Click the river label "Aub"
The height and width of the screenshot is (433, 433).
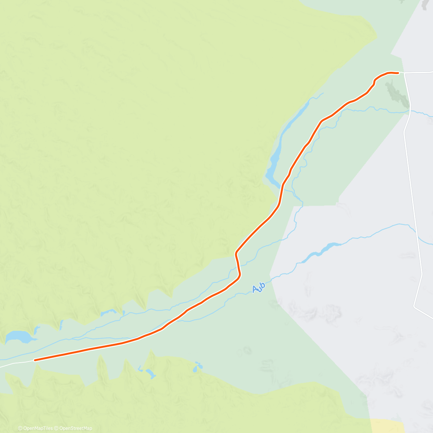[x=259, y=288]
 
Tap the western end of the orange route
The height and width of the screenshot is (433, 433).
[x=35, y=360]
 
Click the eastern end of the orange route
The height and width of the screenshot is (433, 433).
[x=398, y=73]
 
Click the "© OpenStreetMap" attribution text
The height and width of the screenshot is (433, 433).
[x=75, y=428]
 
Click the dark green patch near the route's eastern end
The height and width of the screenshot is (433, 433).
[x=397, y=94]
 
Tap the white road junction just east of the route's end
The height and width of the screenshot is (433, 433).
[x=404, y=73]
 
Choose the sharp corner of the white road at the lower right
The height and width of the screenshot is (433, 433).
[x=415, y=307]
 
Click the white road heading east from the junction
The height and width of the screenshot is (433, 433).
[x=420, y=72]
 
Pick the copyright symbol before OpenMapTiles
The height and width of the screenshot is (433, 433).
[x=20, y=428]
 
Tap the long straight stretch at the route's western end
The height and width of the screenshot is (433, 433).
[x=79, y=351]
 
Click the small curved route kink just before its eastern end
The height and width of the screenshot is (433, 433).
[x=375, y=82]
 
